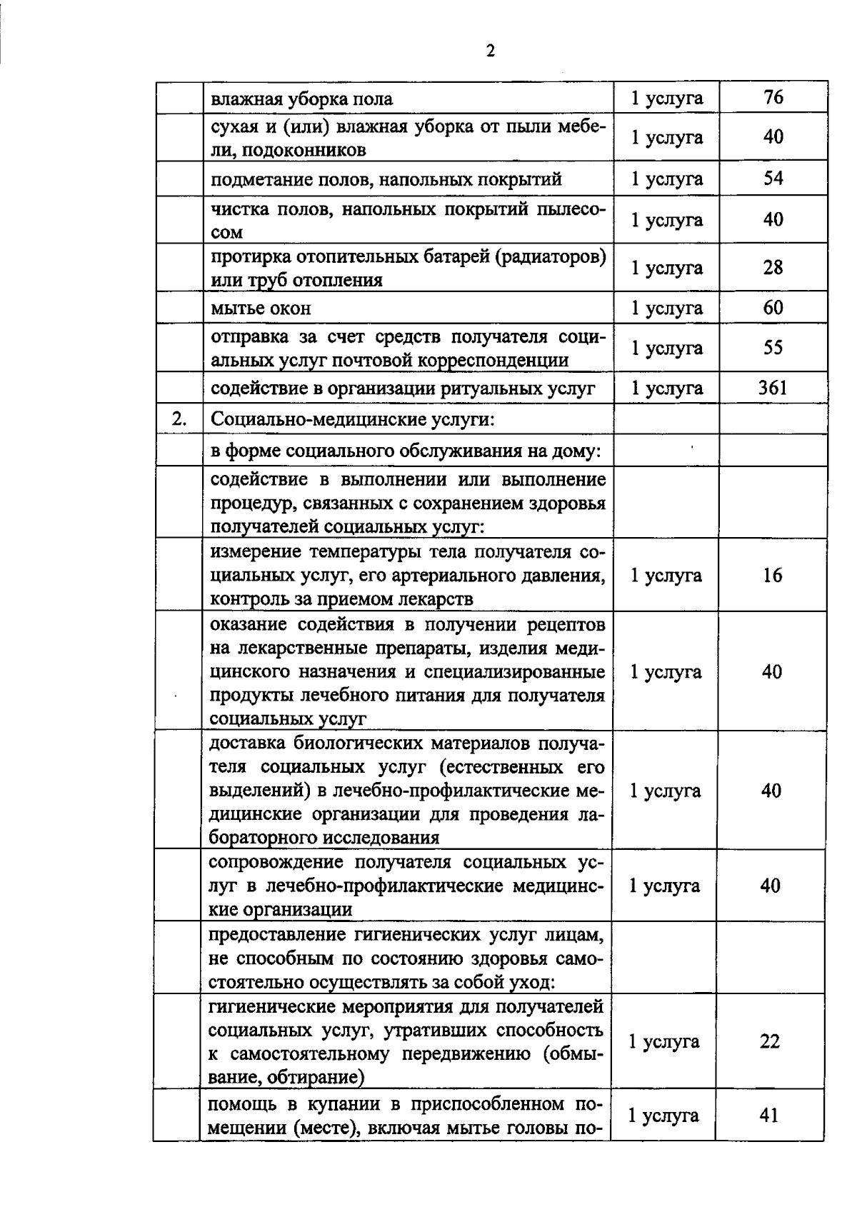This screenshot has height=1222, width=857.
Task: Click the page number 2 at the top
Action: click(x=490, y=51)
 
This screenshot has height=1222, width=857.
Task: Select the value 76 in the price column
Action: click(x=773, y=97)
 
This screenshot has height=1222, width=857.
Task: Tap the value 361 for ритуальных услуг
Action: click(x=773, y=388)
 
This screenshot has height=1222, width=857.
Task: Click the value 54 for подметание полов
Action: click(x=773, y=178)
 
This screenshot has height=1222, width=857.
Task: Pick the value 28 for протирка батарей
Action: click(x=773, y=268)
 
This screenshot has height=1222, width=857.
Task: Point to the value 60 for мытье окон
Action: click(x=773, y=308)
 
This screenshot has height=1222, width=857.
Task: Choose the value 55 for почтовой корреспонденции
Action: click(x=773, y=348)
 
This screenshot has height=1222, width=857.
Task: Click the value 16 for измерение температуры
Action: click(x=772, y=575)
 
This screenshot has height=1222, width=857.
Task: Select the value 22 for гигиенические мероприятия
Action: click(x=770, y=1041)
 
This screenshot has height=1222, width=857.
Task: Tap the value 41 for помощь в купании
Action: click(x=769, y=1115)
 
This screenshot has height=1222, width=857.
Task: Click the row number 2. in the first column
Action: click(x=179, y=419)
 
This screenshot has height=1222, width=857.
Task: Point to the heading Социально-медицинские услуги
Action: click(x=353, y=419)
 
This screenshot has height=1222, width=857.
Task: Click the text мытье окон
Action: click(x=261, y=309)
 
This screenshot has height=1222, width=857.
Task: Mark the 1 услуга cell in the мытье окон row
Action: click(x=666, y=308)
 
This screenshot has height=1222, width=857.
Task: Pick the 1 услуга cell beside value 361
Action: click(x=666, y=388)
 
